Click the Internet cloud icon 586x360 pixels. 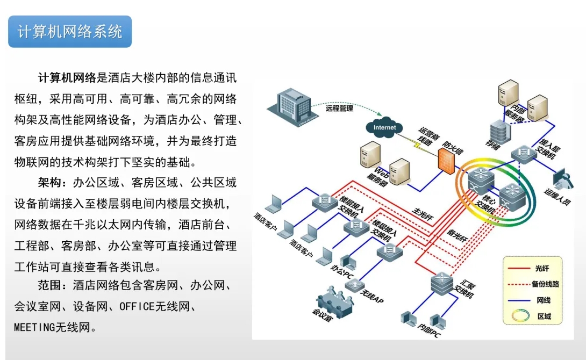point(384,127)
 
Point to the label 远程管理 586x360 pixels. point(339,108)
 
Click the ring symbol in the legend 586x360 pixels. point(518,316)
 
